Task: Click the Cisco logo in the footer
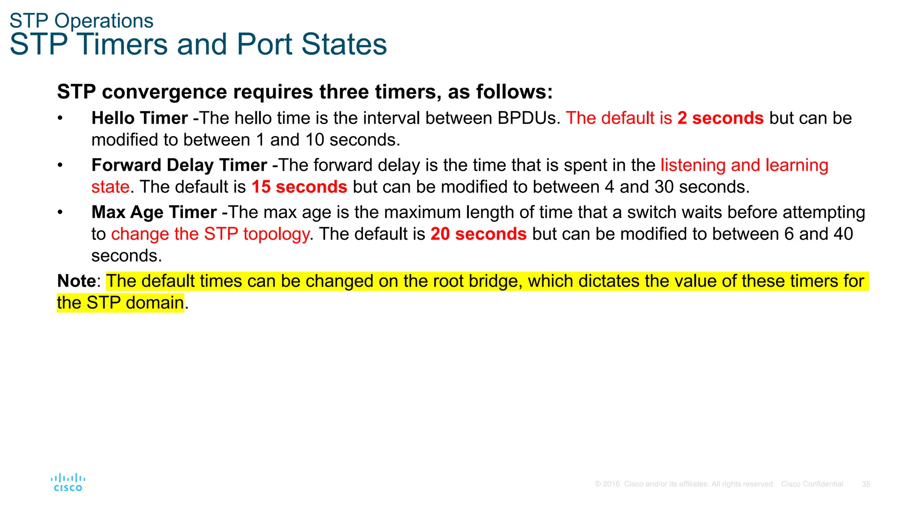(x=68, y=482)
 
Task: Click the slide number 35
(x=866, y=484)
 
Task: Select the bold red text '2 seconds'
(x=720, y=118)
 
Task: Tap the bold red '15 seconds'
(x=299, y=187)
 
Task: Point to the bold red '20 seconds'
(x=478, y=234)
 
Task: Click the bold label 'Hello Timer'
(x=139, y=118)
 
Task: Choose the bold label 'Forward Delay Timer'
(x=179, y=165)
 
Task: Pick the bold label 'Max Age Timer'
(x=154, y=212)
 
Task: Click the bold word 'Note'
(x=76, y=281)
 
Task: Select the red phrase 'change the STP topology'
(x=210, y=234)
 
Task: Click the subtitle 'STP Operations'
(x=82, y=21)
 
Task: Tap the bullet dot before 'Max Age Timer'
(x=60, y=212)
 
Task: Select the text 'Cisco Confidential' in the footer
(x=812, y=484)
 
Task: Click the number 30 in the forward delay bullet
(x=664, y=187)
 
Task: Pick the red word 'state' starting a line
(x=110, y=187)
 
